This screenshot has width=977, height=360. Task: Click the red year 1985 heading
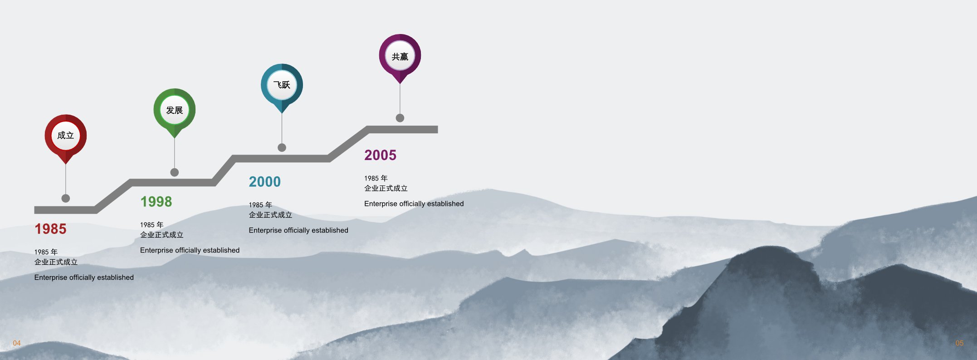coord(50,229)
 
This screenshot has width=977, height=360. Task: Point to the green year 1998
coord(156,202)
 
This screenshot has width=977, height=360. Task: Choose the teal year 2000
coord(265,182)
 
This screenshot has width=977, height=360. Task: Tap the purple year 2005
coord(380,155)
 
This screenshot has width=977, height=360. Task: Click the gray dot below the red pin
coord(66,198)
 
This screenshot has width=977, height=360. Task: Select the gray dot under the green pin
coord(175,172)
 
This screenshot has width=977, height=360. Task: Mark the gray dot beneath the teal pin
coord(282,147)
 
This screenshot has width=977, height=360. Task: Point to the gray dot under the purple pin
coord(400,118)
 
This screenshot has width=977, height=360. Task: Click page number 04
coord(17,343)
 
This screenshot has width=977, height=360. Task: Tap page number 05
coord(959,343)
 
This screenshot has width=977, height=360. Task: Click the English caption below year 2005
coord(414,204)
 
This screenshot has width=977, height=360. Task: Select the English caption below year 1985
coord(84,277)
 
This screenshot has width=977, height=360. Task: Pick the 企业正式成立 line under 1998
coord(162,235)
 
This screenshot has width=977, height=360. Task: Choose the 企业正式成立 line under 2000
coord(270,215)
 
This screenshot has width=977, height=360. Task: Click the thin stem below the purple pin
coord(400,99)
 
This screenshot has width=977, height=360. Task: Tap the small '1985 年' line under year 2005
coord(376,178)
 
